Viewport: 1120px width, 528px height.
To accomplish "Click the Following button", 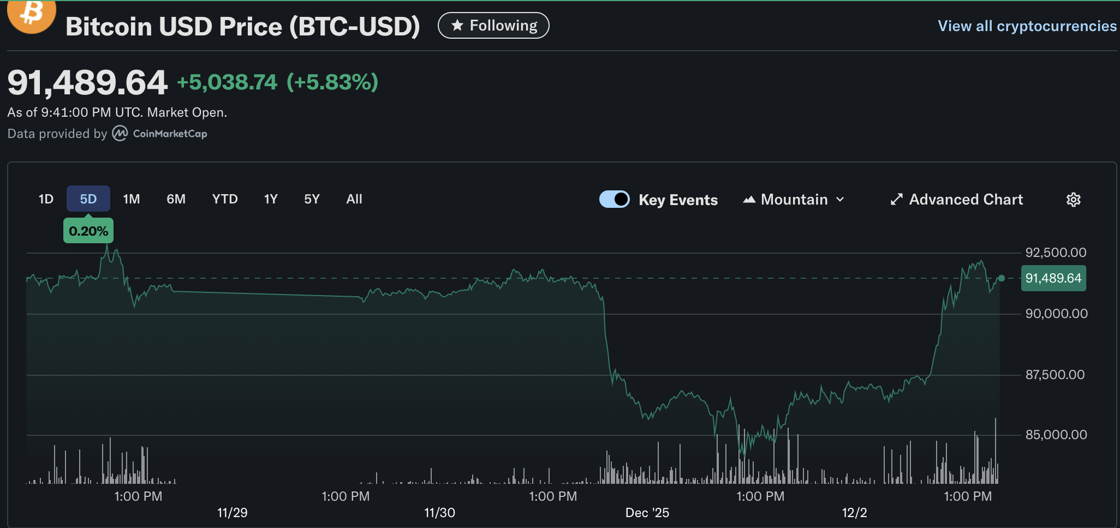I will click(493, 26).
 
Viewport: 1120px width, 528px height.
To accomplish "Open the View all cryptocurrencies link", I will click(1027, 26).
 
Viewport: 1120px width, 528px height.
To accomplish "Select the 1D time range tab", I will click(46, 199).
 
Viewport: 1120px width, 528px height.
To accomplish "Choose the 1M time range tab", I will click(131, 199).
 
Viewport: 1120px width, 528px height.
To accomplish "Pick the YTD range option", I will click(224, 199).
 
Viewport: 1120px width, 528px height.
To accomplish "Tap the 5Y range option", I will click(312, 199).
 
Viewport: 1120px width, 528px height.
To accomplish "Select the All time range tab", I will click(354, 199).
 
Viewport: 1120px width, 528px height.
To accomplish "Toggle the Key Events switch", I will click(614, 200).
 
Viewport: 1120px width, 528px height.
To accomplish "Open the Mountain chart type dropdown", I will click(794, 200).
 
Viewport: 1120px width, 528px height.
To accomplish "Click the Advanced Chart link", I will click(957, 200).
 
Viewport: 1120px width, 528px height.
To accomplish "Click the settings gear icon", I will click(1073, 200).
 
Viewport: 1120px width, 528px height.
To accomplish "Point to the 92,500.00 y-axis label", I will click(1056, 253).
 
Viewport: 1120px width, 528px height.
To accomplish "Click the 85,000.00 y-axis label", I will click(1056, 435).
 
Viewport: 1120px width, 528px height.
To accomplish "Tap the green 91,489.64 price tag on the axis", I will click(1053, 278).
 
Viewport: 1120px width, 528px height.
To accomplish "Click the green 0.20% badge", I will click(88, 231).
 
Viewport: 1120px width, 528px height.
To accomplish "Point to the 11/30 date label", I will click(439, 513).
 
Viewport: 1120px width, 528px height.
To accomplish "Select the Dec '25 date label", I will click(647, 513).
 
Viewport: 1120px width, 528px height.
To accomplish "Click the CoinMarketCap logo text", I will click(170, 134).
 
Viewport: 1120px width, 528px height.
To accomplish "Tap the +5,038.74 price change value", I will click(227, 82).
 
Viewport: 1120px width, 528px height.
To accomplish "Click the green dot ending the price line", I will click(1001, 278).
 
